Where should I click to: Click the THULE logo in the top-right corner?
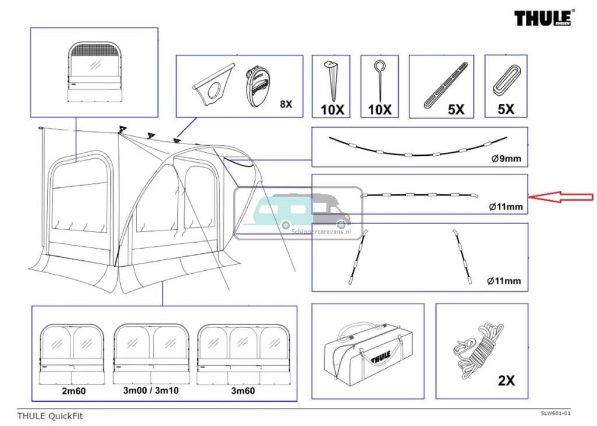[x=544, y=18]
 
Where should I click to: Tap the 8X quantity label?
[x=286, y=104]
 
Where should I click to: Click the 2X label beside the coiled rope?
[x=506, y=380]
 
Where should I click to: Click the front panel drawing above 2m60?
[x=72, y=354]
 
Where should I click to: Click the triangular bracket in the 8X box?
[x=212, y=84]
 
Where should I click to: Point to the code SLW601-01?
[x=554, y=414]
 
